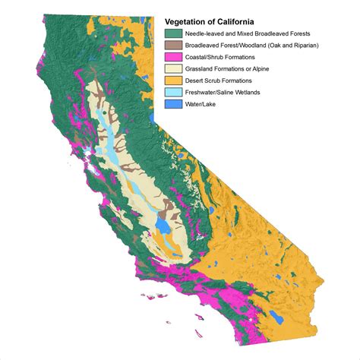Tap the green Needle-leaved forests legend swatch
pos(172,33)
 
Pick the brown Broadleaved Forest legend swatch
pos(172,45)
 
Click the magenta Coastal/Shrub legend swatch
pos(172,56)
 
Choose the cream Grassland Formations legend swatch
pos(172,68)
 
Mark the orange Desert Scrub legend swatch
pos(172,79)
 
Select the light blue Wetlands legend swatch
pos(172,90)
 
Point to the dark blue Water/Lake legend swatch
pos(172,102)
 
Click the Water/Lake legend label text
pos(202,102)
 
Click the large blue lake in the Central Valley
pos(162,226)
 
